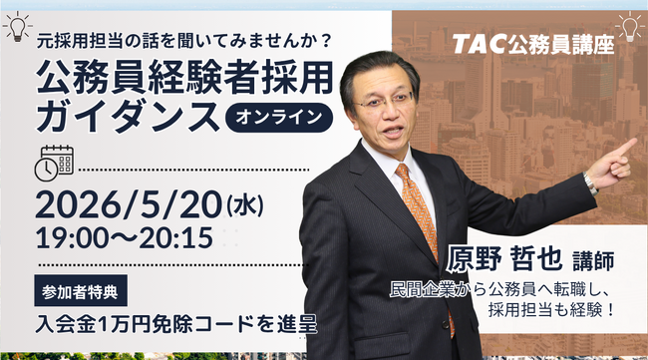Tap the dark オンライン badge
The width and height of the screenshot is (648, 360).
coord(278,118)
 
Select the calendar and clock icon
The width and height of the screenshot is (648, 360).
coord(54,164)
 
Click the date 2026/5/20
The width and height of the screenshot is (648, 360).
coord(129,204)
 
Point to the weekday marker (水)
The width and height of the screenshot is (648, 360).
coord(245,205)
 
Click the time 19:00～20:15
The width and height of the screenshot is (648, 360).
coord(125,237)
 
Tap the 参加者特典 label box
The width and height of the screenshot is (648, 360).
coord(81,290)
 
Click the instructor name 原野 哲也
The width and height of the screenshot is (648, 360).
coord(504,258)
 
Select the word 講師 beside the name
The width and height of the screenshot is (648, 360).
coord(593,261)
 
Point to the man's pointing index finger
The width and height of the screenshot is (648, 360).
coord(624,147)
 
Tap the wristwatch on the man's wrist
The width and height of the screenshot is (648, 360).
coord(590,183)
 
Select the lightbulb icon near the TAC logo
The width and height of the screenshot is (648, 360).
coord(630,27)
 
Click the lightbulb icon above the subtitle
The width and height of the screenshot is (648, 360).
coord(17,27)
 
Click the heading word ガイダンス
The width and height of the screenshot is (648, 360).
coord(128,117)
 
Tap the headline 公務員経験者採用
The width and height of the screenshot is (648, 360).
coord(184,78)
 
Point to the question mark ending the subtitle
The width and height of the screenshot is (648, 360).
coord(326,41)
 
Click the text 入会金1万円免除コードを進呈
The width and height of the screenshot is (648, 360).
coord(176,324)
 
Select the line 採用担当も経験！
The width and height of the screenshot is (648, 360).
coord(551,310)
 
